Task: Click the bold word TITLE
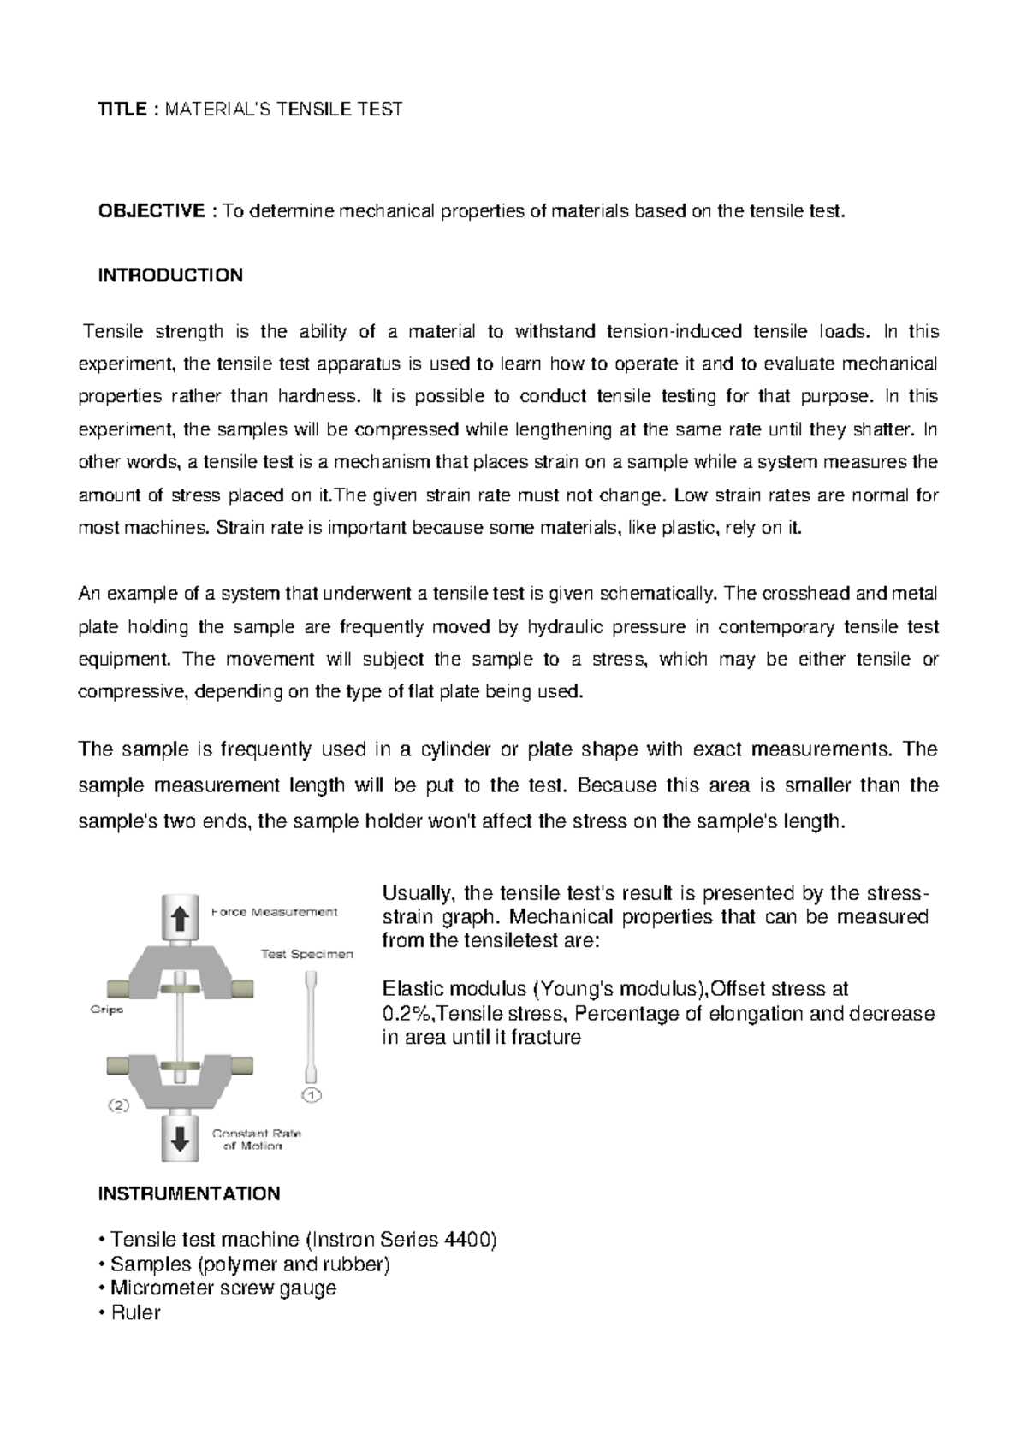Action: pos(122,110)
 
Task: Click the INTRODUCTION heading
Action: pos(170,275)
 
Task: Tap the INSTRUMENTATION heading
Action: pos(189,1193)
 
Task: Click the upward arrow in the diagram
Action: pos(180,919)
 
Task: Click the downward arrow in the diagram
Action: pos(180,1139)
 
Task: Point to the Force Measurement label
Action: pos(274,912)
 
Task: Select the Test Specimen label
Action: pos(306,954)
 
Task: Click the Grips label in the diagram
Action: pos(107,1010)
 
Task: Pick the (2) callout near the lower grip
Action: pos(118,1105)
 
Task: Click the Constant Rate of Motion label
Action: pos(256,1139)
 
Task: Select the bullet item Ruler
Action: pos(135,1312)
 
